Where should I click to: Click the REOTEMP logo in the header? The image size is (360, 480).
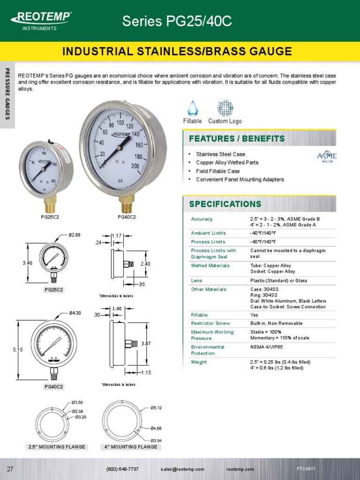[41, 19]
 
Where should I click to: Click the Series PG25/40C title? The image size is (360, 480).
[177, 21]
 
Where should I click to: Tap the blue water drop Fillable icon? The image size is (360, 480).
[192, 108]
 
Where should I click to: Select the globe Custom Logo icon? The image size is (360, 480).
[225, 108]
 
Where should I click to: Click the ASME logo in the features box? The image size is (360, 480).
[327, 157]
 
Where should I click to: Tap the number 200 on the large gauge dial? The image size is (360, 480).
[135, 166]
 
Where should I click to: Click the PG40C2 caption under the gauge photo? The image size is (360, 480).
[127, 217]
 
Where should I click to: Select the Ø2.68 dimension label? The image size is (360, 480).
[75, 235]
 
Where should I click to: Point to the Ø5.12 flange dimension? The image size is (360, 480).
[156, 408]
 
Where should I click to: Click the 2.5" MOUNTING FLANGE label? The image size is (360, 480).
[57, 447]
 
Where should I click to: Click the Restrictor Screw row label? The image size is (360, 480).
[209, 323]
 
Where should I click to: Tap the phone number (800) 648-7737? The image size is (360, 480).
[122, 469]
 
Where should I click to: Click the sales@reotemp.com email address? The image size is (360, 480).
[182, 469]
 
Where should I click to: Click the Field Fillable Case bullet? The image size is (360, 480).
[217, 171]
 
